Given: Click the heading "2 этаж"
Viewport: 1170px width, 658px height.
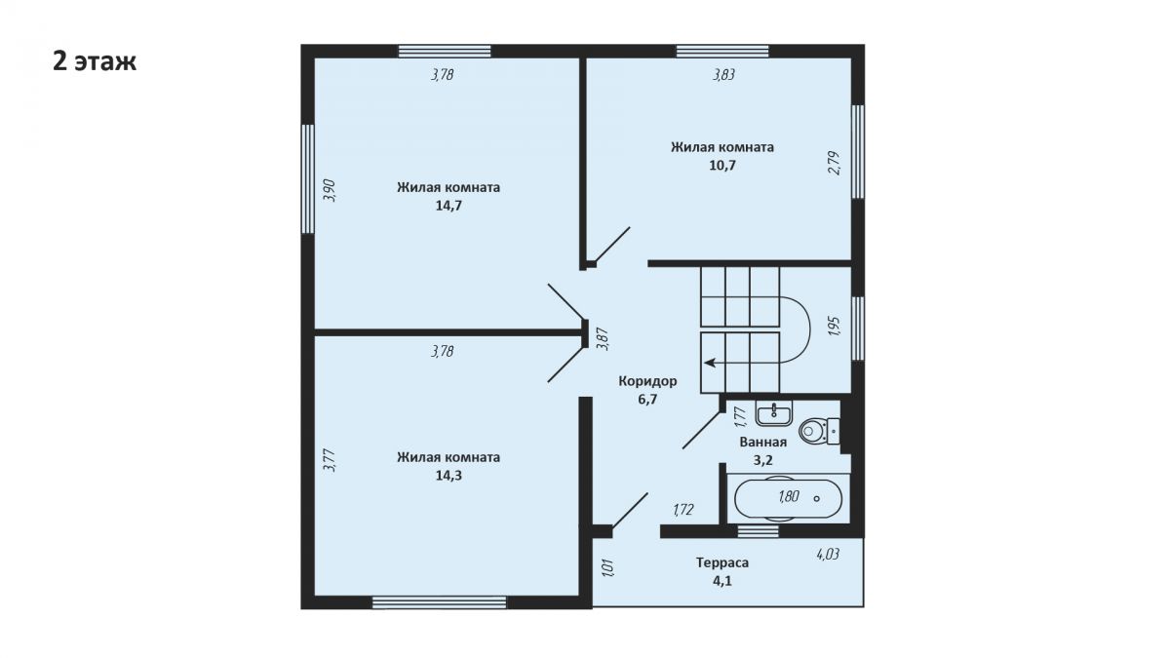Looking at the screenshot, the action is click(x=95, y=62).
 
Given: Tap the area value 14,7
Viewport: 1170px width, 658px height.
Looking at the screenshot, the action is click(x=448, y=206).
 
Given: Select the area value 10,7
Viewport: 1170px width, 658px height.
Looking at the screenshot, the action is click(x=722, y=166).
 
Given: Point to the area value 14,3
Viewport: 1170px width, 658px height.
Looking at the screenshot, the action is click(x=448, y=476).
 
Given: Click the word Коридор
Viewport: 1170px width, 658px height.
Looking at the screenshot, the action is click(x=647, y=381).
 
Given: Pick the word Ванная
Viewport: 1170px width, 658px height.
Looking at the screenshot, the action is click(x=763, y=443).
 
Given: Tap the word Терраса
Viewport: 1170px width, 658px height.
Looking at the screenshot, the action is click(x=722, y=563).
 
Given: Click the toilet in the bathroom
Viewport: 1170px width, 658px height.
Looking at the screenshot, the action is click(x=819, y=430).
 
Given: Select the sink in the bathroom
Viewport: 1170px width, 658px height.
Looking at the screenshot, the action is click(x=774, y=413).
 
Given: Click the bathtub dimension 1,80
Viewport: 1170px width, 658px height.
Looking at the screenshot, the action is click(x=789, y=496).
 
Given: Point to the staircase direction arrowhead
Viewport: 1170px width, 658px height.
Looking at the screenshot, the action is click(x=710, y=363).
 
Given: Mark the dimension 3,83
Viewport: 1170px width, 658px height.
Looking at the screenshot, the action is click(x=723, y=75).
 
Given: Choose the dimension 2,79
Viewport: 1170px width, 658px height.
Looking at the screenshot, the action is click(x=835, y=163).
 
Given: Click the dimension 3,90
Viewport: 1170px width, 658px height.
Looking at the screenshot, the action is click(x=330, y=191).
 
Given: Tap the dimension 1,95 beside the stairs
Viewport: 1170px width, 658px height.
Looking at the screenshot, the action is click(x=835, y=326).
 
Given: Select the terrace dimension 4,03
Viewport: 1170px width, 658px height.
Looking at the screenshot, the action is click(x=828, y=554).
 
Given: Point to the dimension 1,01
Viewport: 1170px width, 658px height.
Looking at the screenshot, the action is click(x=608, y=568).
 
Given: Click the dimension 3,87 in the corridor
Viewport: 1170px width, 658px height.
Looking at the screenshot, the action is click(x=604, y=339).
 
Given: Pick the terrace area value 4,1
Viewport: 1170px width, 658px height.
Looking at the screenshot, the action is click(x=722, y=581).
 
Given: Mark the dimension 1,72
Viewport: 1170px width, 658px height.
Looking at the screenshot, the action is click(x=683, y=510).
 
